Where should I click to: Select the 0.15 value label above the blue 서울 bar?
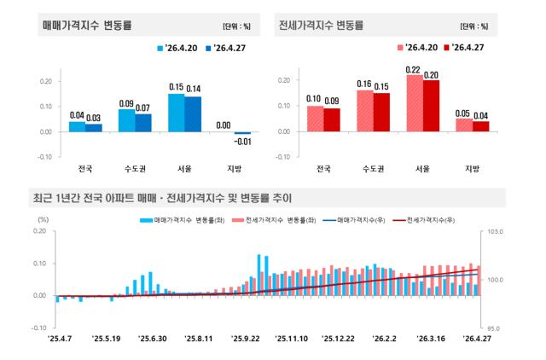click(177, 87)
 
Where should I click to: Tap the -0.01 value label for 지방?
click(243, 141)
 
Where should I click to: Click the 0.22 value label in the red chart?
click(413, 69)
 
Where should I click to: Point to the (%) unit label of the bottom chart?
click(44, 220)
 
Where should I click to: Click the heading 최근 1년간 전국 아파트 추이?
click(163, 198)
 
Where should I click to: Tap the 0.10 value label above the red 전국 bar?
click(314, 99)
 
